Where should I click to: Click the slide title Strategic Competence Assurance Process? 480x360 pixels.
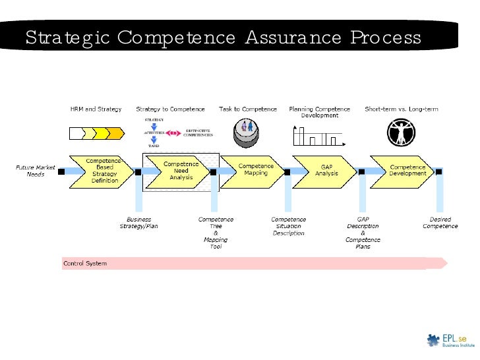[223, 38]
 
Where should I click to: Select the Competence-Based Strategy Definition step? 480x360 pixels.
[105, 171]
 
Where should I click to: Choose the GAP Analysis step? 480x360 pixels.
[326, 171]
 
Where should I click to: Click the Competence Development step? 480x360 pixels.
[407, 171]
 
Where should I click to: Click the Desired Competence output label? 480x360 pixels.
[440, 223]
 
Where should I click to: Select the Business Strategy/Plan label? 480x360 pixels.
[138, 223]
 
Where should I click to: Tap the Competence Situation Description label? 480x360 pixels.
[288, 226]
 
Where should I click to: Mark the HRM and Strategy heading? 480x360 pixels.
[96, 109]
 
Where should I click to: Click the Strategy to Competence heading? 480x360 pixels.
[170, 109]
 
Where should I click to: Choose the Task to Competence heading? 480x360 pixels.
[248, 109]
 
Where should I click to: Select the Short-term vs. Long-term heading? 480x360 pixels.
[402, 109]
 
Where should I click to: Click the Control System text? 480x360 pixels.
[84, 264]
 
